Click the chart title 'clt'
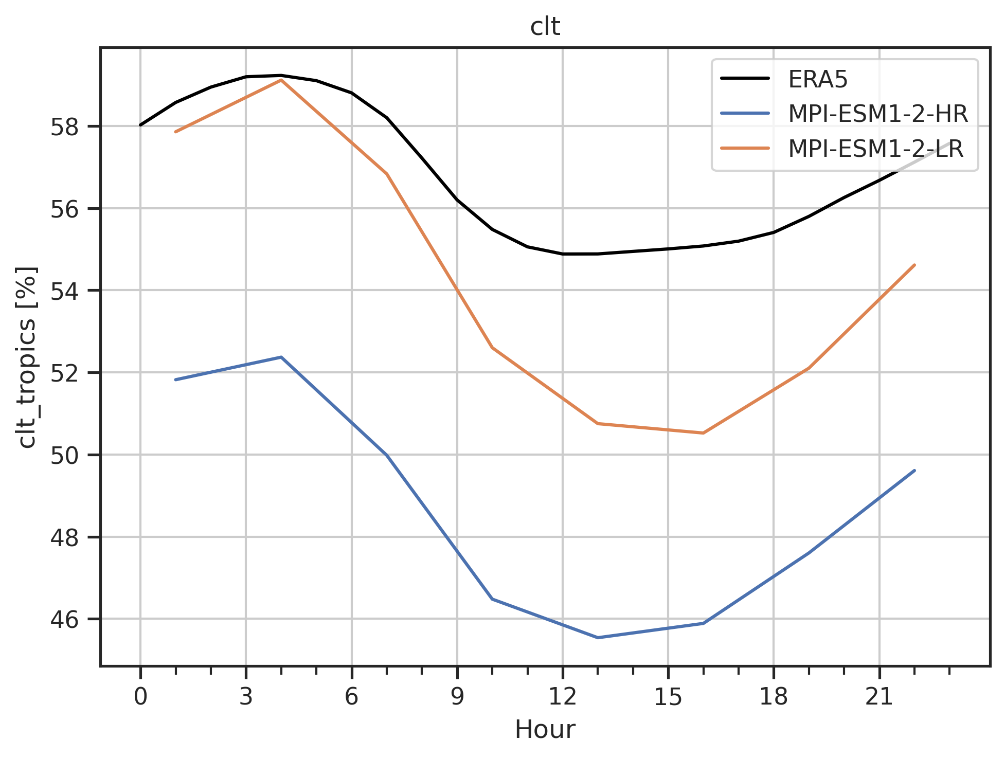click(x=545, y=27)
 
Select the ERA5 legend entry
click(x=818, y=79)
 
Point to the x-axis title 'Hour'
click(x=545, y=729)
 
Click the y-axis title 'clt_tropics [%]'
click(x=27, y=357)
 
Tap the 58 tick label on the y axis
click(x=64, y=127)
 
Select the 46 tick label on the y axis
click(x=64, y=619)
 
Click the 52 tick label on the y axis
click(x=64, y=373)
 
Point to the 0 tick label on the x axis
click(x=140, y=697)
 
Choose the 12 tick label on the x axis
click(x=563, y=697)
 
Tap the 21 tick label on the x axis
click(x=879, y=697)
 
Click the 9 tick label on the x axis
click(x=457, y=697)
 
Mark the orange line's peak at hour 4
click(x=281, y=80)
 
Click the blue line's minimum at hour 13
click(x=598, y=638)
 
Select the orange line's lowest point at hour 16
click(x=703, y=433)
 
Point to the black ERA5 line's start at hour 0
click(x=140, y=125)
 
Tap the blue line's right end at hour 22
click(x=914, y=471)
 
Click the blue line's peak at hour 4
click(x=281, y=357)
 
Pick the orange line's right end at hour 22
click(x=914, y=265)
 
